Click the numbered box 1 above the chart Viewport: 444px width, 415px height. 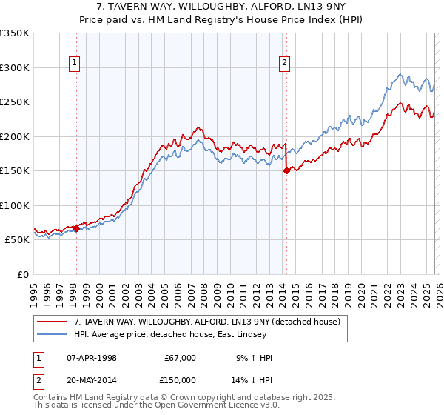pos(75,64)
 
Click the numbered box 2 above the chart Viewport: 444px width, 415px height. pos(285,64)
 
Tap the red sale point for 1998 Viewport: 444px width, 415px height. pos(76,228)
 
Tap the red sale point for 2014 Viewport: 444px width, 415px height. pos(286,170)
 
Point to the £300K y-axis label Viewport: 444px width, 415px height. pos(14,67)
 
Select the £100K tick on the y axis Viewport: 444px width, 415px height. pos(14,205)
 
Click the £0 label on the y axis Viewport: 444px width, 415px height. pos(22,274)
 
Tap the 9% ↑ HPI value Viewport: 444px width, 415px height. pos(254,358)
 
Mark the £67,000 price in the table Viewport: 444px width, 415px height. pos(180,358)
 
